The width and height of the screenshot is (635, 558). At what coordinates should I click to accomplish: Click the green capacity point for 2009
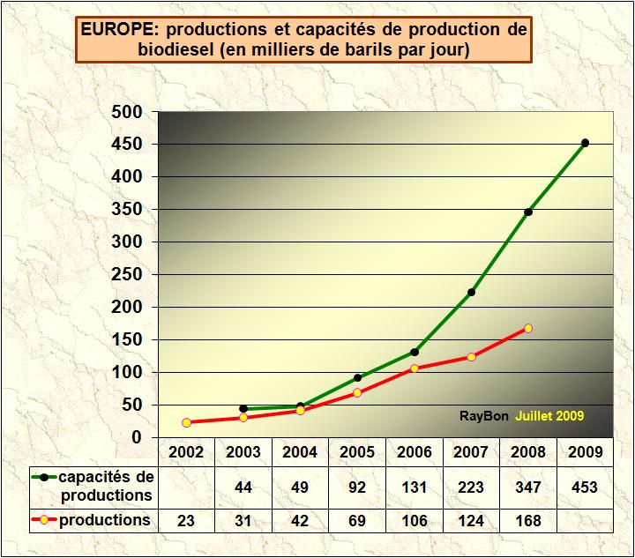(585, 143)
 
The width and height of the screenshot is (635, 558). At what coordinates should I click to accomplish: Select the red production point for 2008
(528, 328)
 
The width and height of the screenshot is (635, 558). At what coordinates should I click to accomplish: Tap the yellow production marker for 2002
(187, 422)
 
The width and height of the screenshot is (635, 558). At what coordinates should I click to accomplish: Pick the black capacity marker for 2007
(471, 292)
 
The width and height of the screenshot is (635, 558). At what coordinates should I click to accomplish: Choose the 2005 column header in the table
(357, 452)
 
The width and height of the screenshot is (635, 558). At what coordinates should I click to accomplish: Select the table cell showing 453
(585, 487)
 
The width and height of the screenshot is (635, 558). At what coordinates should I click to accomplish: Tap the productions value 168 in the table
(528, 521)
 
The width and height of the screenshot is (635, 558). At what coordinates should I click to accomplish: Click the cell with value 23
(187, 521)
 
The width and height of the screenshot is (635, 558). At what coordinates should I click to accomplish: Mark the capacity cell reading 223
(471, 487)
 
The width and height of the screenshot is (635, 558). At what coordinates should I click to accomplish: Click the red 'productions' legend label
(104, 520)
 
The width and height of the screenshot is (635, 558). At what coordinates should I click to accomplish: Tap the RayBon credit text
(483, 415)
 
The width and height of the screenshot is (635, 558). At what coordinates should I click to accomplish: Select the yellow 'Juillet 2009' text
(549, 415)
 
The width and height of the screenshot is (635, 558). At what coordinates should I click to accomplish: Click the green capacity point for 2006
(415, 352)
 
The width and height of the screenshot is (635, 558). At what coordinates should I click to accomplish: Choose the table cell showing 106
(415, 521)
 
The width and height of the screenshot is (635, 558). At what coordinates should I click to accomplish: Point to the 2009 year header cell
(585, 452)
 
